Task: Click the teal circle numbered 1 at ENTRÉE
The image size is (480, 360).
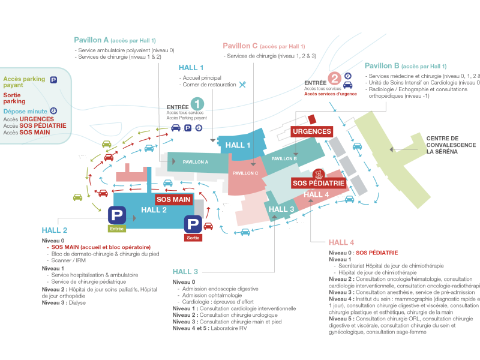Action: point(198,104)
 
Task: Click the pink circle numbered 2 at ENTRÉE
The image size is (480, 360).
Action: point(335,78)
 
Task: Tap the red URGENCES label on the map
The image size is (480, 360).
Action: point(312,131)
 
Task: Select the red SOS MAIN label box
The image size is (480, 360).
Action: point(173,199)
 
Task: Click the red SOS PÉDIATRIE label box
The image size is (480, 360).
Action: point(318,183)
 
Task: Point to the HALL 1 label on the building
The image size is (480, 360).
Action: point(238,145)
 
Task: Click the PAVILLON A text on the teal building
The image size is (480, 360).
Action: point(195,162)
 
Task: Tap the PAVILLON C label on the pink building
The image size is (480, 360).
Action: point(245,173)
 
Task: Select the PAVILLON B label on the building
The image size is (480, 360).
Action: point(284,158)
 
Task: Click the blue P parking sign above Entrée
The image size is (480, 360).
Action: point(117,215)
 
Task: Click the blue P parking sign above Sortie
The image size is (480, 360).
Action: point(193,224)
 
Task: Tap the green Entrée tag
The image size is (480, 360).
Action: point(117,229)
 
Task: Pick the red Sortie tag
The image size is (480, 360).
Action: point(193,238)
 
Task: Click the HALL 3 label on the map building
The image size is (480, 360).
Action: point(281,209)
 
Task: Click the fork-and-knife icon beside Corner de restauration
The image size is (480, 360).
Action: point(242,85)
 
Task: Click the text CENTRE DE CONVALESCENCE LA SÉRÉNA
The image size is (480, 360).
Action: point(451,145)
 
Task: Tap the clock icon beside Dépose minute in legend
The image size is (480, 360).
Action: point(53,111)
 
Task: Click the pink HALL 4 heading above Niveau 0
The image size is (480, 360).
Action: point(341,242)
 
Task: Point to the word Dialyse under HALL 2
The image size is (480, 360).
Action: point(76,303)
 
